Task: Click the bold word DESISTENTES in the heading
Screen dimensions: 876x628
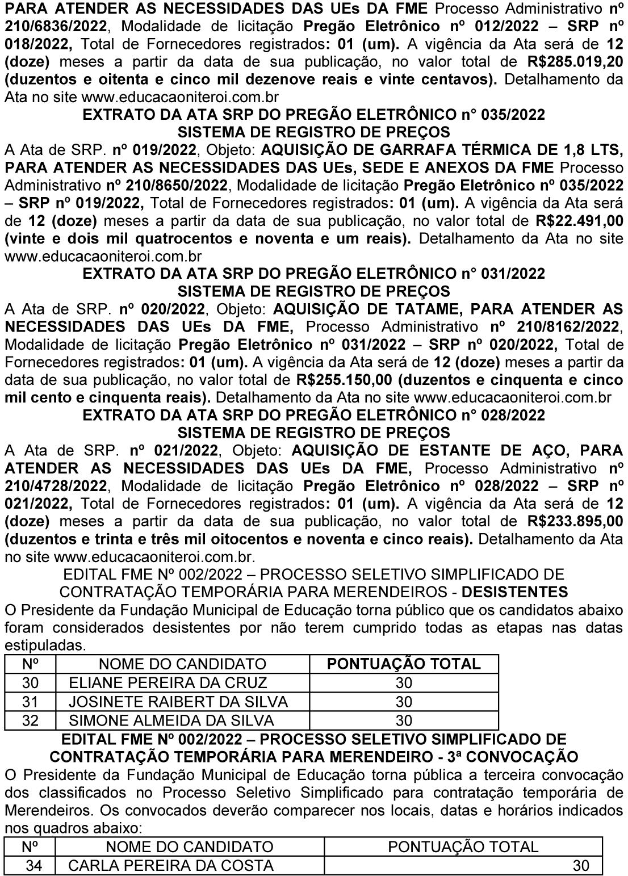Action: [x=515, y=592]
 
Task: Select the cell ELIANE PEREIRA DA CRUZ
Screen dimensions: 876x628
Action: [x=168, y=682]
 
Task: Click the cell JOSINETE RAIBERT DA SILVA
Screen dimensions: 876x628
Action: [x=178, y=702]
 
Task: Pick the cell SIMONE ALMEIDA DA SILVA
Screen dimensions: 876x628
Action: [x=171, y=721]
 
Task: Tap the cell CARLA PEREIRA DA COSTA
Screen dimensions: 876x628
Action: [x=171, y=866]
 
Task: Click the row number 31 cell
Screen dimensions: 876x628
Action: [x=30, y=702]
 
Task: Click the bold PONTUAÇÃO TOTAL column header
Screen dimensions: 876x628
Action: [x=404, y=664]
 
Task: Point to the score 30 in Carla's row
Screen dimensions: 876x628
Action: [x=581, y=866]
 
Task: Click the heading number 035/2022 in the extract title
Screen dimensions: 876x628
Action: [x=513, y=115]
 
